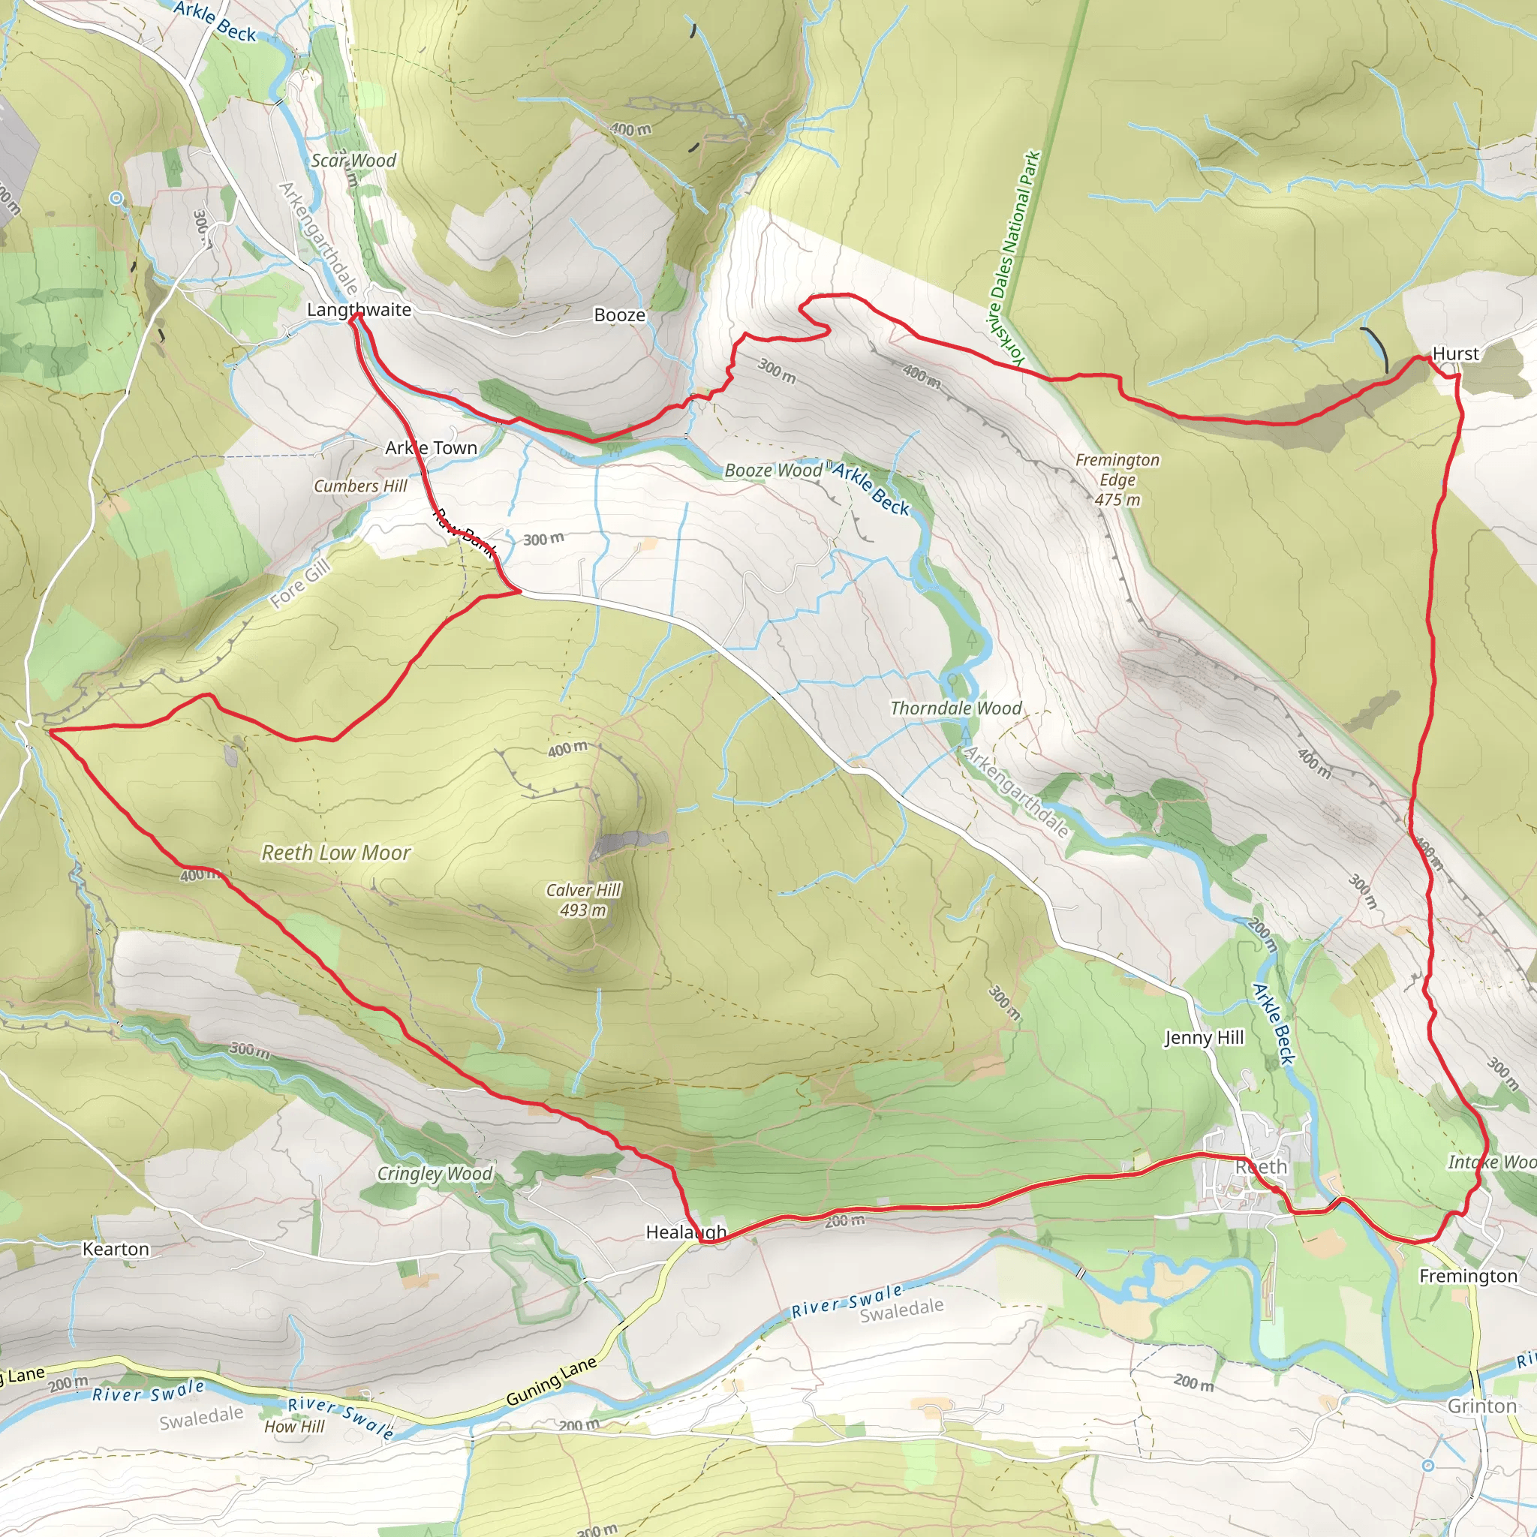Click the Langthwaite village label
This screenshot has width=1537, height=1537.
[359, 309]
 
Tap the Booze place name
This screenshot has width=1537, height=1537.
[620, 315]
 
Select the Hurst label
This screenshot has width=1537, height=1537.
[1455, 353]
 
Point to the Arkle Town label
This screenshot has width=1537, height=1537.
[432, 448]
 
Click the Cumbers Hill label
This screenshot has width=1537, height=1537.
[360, 486]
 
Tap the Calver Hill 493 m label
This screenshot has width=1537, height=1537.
[583, 900]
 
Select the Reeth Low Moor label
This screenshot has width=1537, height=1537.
[335, 853]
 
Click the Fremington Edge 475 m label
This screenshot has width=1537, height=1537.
[1117, 480]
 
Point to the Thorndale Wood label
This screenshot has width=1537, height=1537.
[955, 708]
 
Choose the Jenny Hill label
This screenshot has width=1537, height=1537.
[1204, 1037]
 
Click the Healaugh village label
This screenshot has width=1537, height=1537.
[686, 1232]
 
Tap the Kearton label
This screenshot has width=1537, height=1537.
[116, 1249]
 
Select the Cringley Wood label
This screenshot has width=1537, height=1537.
[435, 1174]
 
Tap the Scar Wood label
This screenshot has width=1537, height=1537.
[353, 161]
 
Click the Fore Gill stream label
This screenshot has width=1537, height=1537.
[299, 584]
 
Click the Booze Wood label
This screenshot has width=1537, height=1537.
[772, 470]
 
